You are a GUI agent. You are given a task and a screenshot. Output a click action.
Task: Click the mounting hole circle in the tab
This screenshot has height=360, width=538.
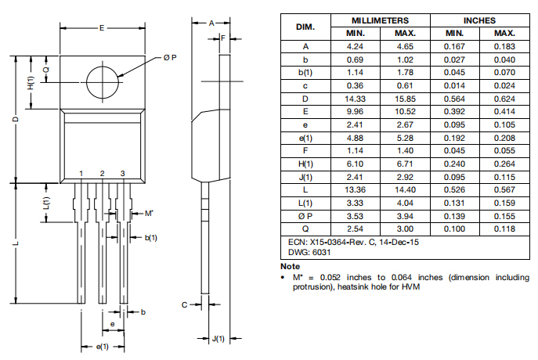[x=86, y=82]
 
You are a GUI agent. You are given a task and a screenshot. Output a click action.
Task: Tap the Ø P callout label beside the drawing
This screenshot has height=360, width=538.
[x=170, y=58]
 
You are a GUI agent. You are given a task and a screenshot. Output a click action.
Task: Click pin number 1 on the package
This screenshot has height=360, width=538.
[x=81, y=174]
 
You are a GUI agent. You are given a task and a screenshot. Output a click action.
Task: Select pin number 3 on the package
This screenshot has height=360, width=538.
[x=122, y=174]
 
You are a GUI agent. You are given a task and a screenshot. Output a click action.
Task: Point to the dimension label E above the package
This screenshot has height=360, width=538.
[x=102, y=28]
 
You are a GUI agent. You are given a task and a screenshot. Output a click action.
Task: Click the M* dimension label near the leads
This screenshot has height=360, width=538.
[x=149, y=213]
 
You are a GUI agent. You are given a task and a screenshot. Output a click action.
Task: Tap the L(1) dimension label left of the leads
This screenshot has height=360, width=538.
[x=46, y=203]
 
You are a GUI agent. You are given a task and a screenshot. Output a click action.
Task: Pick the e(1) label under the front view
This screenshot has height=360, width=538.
[x=103, y=347]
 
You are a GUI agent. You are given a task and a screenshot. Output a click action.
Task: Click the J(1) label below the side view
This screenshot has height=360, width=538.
[x=218, y=339]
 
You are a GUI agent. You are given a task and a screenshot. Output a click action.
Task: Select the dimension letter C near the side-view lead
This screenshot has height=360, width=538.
[x=184, y=304]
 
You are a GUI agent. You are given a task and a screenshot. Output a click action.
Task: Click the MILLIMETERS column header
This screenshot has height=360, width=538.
[x=380, y=20]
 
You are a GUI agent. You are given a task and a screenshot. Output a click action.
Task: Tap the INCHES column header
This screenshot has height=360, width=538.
[x=480, y=20]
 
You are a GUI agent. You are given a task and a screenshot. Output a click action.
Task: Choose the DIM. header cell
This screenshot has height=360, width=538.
[x=305, y=27]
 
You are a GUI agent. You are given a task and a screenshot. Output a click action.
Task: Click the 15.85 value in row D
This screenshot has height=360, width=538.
[x=405, y=99]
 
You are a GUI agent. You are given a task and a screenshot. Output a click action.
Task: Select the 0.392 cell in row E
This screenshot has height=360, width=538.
[x=454, y=112]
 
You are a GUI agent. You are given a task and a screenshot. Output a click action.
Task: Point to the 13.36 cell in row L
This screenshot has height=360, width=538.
[x=355, y=190]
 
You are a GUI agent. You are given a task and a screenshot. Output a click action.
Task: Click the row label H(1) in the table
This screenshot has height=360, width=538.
[x=305, y=164]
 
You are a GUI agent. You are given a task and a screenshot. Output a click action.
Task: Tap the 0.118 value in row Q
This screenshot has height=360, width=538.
[x=505, y=229]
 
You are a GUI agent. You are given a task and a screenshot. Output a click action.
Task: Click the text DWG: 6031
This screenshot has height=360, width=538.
[x=309, y=252]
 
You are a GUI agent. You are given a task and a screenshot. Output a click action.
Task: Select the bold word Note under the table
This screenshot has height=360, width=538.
[x=291, y=266]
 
